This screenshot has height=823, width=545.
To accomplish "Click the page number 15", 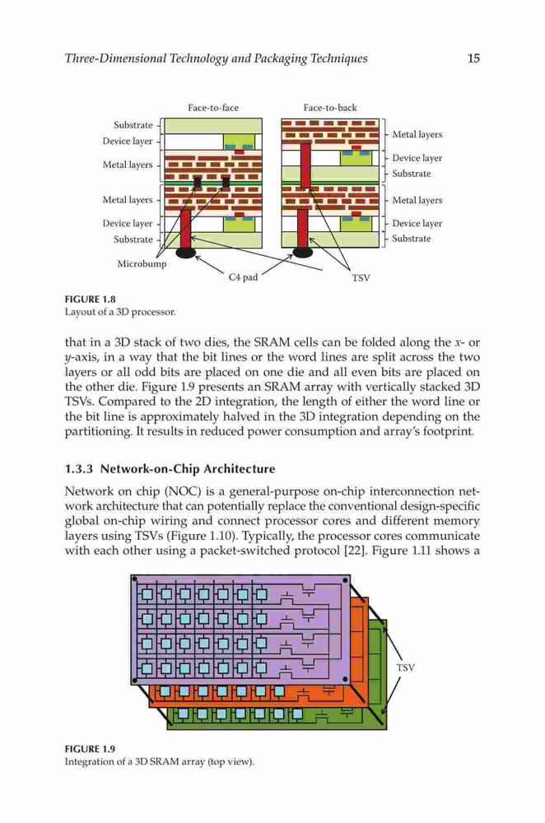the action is click(x=473, y=58).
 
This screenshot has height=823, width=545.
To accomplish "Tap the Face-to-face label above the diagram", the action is click(x=213, y=108).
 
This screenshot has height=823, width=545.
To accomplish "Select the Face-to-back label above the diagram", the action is click(x=330, y=108).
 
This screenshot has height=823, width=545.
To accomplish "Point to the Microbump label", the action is click(x=142, y=263).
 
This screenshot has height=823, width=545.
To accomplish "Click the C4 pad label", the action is click(x=243, y=277).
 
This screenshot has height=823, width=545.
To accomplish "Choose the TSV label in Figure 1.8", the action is click(x=361, y=277).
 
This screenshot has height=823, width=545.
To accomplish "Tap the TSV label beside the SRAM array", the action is click(x=405, y=667).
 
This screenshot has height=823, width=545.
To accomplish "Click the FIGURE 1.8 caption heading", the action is click(x=90, y=300).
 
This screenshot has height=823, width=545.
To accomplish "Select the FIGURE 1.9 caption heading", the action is click(x=90, y=749).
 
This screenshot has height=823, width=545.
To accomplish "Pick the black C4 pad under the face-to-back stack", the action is click(x=303, y=253).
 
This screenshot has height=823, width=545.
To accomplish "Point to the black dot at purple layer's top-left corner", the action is click(x=134, y=579).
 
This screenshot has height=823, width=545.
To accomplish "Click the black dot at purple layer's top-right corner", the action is click(x=345, y=580).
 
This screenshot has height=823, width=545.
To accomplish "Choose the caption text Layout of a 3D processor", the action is click(x=120, y=312).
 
